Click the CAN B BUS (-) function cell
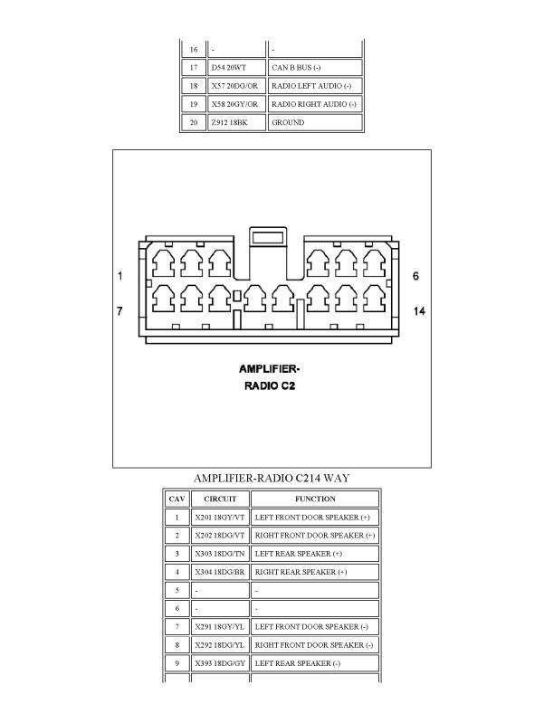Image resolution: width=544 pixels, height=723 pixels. tap(314, 68)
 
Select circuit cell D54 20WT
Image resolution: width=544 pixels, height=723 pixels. tap(235, 68)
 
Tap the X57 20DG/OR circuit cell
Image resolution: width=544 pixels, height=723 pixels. tap(235, 86)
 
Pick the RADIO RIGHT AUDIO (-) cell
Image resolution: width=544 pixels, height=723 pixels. tap(314, 104)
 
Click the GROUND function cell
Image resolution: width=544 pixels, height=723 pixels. tap(314, 122)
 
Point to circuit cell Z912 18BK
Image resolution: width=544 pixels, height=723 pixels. tap(235, 122)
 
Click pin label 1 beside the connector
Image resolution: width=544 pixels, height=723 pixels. tap(119, 275)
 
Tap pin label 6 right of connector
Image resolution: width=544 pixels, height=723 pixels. tap(415, 275)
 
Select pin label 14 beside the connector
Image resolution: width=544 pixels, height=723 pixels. tap(419, 311)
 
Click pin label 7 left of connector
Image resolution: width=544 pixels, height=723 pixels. tap(119, 311)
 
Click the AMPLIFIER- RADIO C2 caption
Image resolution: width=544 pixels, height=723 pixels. tap(269, 376)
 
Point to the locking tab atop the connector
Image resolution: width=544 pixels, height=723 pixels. tap(269, 239)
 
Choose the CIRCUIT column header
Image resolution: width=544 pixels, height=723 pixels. tap(220, 499)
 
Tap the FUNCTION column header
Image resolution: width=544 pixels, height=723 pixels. tap(315, 499)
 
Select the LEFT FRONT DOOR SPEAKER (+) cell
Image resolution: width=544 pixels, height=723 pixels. tap(315, 518)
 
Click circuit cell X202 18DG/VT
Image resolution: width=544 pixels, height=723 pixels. tap(220, 536)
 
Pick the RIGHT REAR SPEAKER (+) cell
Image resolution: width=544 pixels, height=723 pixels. tap(315, 572)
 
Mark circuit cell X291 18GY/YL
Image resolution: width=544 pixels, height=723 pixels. tap(220, 626)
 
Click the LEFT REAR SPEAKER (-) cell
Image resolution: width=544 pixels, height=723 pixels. tap(315, 663)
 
